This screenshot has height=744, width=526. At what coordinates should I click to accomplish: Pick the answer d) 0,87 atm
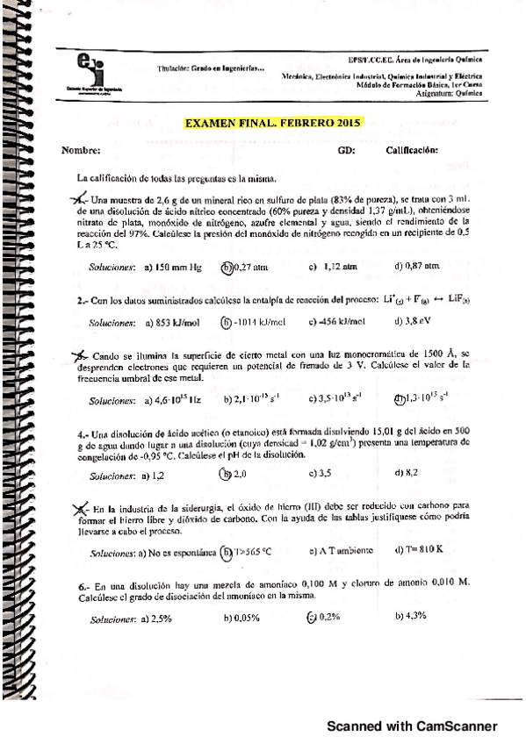pyautogui.click(x=416, y=267)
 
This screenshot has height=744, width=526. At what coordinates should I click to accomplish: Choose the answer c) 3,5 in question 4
pyautogui.click(x=321, y=475)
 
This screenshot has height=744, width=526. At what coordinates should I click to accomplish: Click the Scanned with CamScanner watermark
pyautogui.click(x=413, y=726)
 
